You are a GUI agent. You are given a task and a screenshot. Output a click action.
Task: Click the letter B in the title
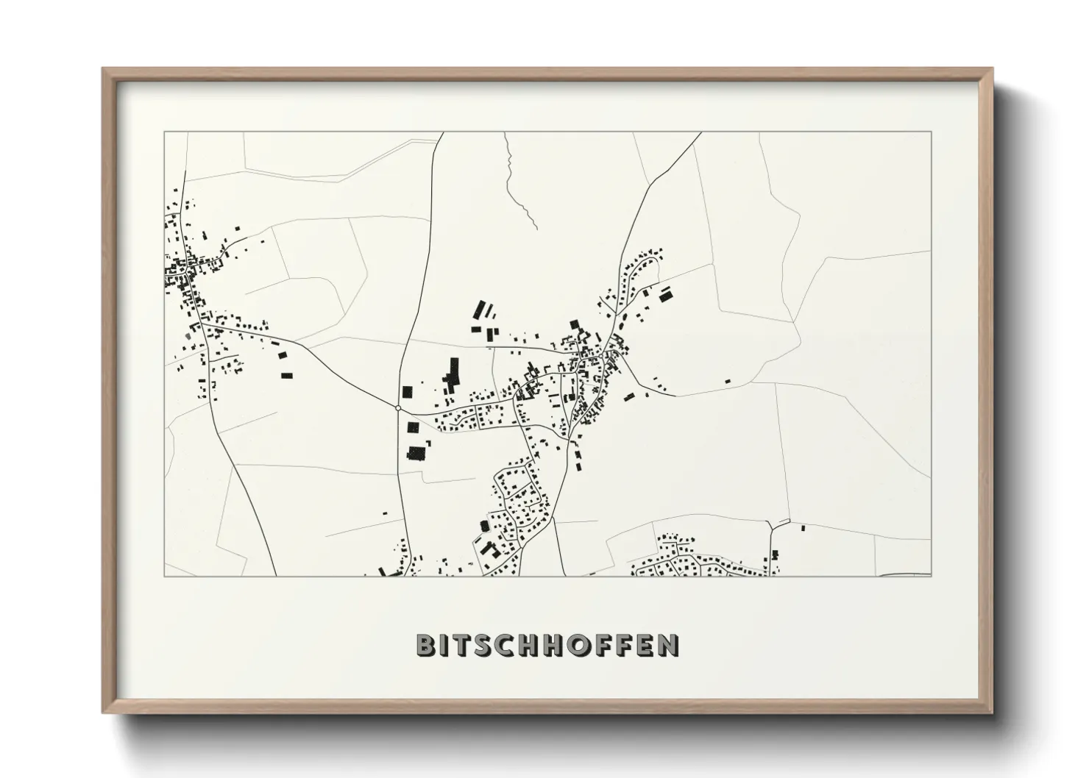[427, 645]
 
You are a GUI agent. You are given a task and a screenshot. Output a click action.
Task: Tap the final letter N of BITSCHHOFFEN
[667, 645]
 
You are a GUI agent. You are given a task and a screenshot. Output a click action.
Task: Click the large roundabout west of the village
[398, 407]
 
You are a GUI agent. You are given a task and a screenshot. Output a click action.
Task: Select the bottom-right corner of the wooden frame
[991, 712]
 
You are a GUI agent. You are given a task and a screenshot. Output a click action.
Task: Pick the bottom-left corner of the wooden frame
[104, 712]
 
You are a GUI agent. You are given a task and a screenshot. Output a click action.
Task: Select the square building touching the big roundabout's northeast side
[408, 392]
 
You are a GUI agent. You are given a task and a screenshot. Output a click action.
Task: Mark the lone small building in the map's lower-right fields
[802, 527]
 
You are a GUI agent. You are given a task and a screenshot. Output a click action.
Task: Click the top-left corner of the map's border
[164, 132]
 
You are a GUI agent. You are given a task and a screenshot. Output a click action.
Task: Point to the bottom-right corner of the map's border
[931, 576]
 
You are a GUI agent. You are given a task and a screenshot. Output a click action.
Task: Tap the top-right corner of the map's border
[931, 132]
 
